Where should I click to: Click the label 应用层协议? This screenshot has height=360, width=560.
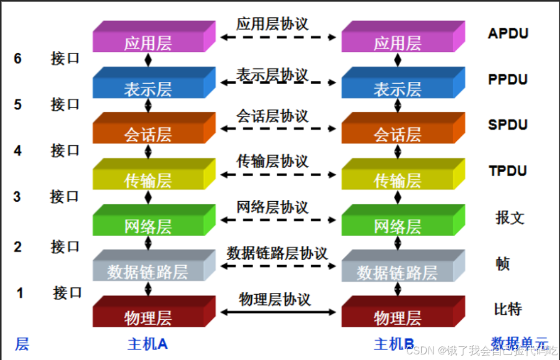(x=272, y=24)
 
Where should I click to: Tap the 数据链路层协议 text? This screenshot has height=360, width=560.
(x=277, y=253)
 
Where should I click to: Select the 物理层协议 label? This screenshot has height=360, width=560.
(x=275, y=299)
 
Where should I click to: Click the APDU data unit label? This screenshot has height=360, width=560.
(x=507, y=34)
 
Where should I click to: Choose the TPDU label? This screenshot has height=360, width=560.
(x=507, y=171)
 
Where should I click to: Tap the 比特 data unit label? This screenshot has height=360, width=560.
(x=508, y=308)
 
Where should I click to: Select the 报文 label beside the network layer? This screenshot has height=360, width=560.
(x=510, y=217)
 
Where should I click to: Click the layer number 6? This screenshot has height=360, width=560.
(x=18, y=59)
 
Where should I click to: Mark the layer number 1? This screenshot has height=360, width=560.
(x=20, y=292)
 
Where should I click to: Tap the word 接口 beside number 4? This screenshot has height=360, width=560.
(x=65, y=150)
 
